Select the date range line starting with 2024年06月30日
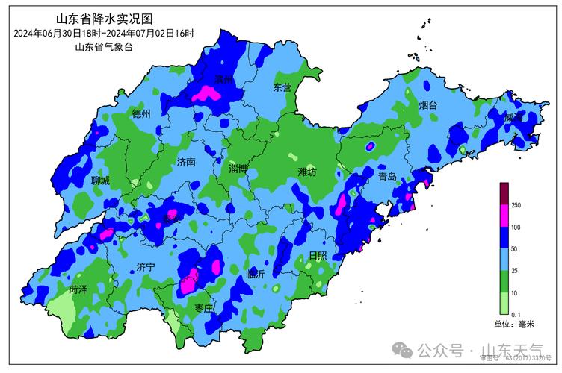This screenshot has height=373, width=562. tap(102, 33)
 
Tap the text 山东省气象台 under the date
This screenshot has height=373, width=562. tap(103, 47)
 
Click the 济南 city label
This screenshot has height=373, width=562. tap(186, 162)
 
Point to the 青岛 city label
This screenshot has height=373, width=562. tap(387, 177)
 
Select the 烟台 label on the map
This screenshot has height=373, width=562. tap(428, 105)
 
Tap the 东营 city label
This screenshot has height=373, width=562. tap(282, 87)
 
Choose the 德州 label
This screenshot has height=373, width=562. tap(141, 114)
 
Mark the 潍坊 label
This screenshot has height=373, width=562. tap(307, 172)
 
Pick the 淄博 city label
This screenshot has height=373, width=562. tap(238, 169)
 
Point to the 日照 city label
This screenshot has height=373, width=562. tap(318, 255)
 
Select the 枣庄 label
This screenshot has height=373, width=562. tap(204, 307)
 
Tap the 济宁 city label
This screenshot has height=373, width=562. tap(146, 266)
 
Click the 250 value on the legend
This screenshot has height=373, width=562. tap(516, 205)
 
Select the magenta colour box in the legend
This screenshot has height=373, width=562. tap(504, 216)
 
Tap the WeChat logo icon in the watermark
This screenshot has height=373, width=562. tap(404, 350)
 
